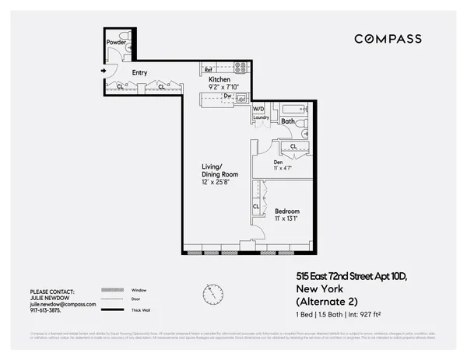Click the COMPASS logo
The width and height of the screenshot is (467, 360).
(x=388, y=39)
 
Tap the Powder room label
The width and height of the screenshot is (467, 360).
(x=116, y=42)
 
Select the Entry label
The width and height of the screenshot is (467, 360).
(x=139, y=73)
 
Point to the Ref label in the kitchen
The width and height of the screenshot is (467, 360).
(x=209, y=69)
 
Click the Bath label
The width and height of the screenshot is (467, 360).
(x=287, y=121)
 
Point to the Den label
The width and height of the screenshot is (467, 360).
(x=278, y=161)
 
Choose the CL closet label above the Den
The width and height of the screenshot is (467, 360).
(x=293, y=145)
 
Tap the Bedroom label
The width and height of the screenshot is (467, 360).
(x=286, y=211)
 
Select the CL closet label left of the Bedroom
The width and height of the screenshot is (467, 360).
(x=255, y=206)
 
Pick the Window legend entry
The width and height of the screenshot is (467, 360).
(x=140, y=289)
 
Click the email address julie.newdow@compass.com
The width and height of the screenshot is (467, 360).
(x=63, y=305)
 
